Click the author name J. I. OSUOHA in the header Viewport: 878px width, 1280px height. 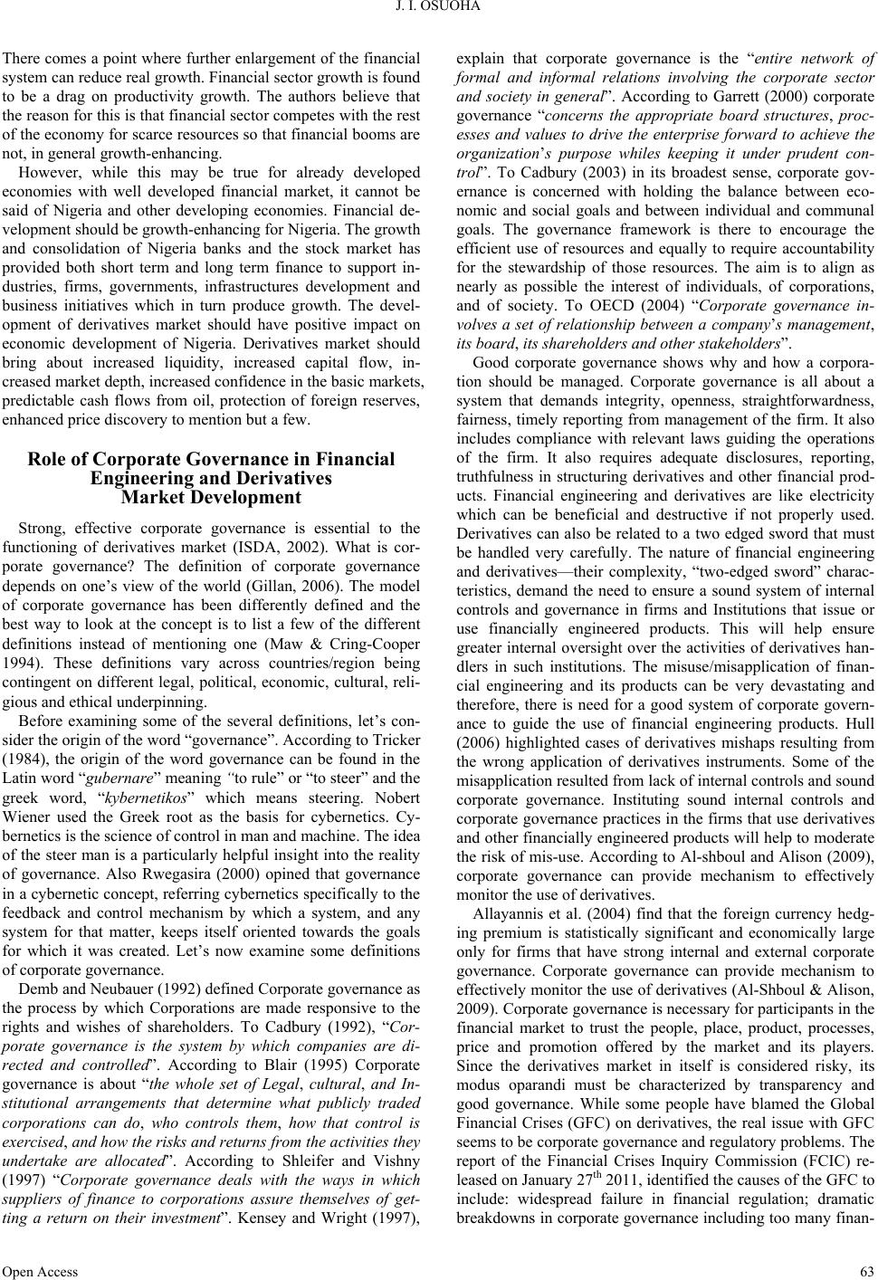click(x=439, y=9)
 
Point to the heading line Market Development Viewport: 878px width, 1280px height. click(x=212, y=497)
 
